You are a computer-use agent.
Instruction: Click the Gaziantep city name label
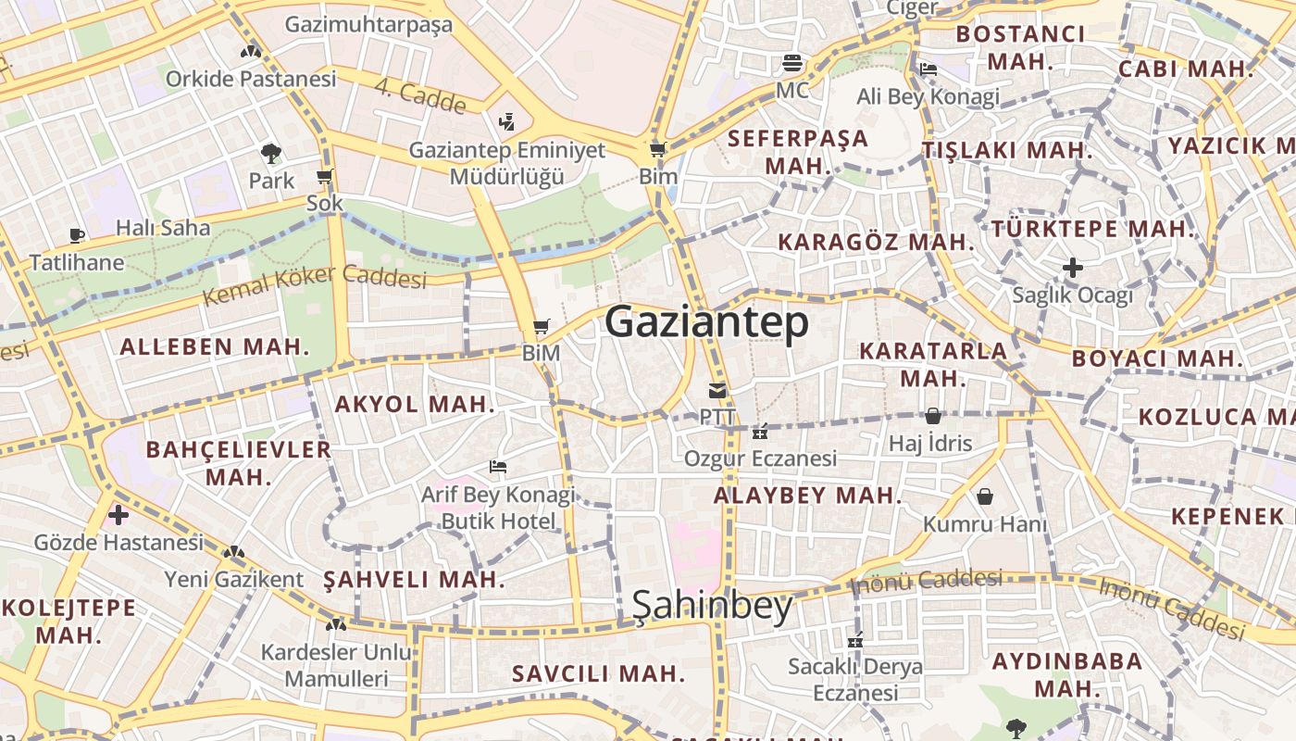click(706, 322)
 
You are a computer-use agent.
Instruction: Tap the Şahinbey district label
click(712, 606)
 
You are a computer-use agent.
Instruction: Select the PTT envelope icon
click(717, 390)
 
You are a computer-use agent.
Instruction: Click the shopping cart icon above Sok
click(324, 176)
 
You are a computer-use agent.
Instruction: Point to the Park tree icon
click(271, 153)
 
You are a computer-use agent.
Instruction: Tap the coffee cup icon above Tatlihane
click(77, 236)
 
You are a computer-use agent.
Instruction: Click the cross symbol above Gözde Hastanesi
click(118, 514)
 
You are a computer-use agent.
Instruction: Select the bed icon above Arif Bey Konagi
click(498, 467)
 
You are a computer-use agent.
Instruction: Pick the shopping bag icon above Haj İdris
click(932, 416)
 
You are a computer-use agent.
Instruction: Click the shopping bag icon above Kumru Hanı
click(984, 497)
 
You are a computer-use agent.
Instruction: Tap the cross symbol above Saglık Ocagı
click(1073, 269)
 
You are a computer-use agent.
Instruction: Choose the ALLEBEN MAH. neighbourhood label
click(215, 347)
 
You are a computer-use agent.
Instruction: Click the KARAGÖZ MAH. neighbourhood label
click(876, 243)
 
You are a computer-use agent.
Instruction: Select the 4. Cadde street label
click(420, 96)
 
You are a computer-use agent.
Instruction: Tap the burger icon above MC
click(792, 63)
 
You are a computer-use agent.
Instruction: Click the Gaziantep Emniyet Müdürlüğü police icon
click(506, 121)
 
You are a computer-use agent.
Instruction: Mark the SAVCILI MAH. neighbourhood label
click(598, 673)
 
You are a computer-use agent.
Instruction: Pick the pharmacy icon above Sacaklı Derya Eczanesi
click(855, 639)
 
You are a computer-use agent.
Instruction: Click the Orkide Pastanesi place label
click(251, 79)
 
